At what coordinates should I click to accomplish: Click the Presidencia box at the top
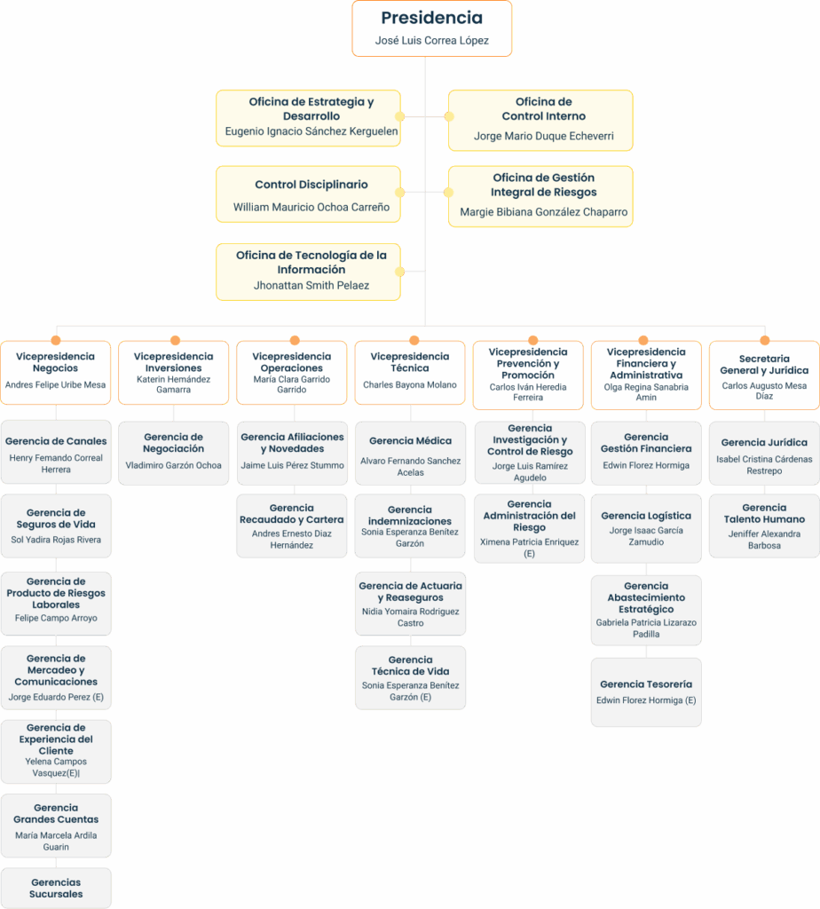[431, 28]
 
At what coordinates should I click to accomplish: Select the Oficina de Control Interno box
[540, 120]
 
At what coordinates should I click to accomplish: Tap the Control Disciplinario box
[308, 194]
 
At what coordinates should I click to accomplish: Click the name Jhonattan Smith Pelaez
[311, 286]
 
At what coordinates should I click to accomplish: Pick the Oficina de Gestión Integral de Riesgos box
[540, 196]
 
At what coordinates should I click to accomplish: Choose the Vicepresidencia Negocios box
[55, 373]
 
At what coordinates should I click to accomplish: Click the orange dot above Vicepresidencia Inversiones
[175, 340]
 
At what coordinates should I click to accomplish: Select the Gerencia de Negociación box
[173, 452]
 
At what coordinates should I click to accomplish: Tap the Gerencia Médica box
[410, 453]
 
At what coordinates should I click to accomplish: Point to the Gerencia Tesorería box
[646, 692]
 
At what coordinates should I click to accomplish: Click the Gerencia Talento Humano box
[764, 526]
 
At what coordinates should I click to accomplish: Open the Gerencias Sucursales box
[56, 888]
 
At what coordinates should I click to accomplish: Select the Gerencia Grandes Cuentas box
[56, 826]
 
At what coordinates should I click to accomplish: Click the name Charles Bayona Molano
[410, 385]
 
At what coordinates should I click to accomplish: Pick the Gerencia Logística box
[646, 528]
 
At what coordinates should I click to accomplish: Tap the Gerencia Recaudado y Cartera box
[291, 526]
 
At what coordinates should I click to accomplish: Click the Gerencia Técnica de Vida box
[410, 677]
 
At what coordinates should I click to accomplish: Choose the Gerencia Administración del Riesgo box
[529, 528]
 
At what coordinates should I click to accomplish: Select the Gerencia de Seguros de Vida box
[56, 526]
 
